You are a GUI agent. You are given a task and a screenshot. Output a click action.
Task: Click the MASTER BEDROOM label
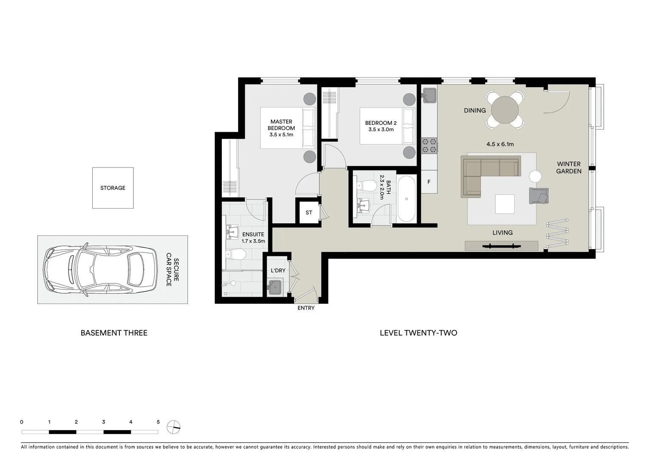click(281, 125)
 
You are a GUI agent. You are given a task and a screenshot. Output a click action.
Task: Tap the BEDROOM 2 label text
click(380, 123)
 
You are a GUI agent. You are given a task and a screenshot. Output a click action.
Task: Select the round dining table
click(505, 110)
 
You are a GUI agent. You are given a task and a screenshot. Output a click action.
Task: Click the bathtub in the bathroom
click(406, 199)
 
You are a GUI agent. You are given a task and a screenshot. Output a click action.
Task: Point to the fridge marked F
click(429, 182)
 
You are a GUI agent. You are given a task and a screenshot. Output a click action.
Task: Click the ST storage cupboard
click(309, 212)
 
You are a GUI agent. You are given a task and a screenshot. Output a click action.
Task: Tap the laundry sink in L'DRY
click(275, 287)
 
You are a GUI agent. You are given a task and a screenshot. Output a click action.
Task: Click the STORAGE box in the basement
click(113, 188)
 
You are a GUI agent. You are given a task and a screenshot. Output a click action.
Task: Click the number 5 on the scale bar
click(158, 422)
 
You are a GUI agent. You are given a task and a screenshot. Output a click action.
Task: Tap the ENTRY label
click(306, 308)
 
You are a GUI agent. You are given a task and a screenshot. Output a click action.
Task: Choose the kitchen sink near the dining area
click(429, 95)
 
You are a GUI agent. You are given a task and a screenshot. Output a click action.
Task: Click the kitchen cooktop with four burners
click(429, 145)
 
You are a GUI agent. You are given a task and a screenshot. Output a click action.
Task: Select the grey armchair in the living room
click(539, 195)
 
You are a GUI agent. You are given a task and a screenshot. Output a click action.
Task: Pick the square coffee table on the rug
click(505, 204)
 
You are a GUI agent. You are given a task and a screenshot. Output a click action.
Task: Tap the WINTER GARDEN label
click(568, 167)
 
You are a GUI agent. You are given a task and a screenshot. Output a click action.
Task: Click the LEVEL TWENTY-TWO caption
click(418, 333)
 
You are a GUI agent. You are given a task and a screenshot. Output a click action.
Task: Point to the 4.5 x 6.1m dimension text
click(500, 144)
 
